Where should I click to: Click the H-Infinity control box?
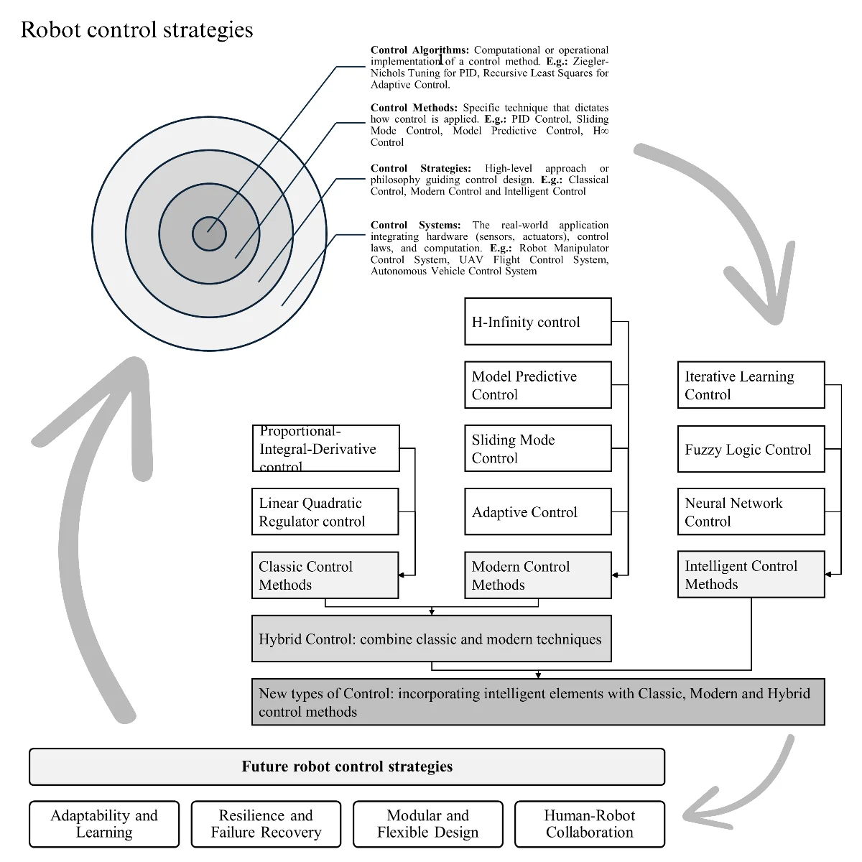coord(537,322)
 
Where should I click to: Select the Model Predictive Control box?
coord(537,385)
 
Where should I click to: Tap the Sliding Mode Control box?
coord(537,448)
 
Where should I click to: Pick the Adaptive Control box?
coord(537,511)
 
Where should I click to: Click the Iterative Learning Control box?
coord(751,385)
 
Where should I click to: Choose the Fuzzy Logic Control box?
coord(751,449)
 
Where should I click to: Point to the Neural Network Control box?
coord(751,511)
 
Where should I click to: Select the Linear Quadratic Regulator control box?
coord(325,511)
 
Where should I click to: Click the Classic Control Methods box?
coord(325,575)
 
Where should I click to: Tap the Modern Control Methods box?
coord(537,575)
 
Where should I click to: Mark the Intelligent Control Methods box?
coord(751,575)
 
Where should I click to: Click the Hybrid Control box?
coord(431,639)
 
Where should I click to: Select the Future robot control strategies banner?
coord(347,766)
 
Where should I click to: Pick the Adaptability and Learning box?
coord(104,824)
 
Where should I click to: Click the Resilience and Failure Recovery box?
coord(266,824)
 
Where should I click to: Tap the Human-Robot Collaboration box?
coord(590,824)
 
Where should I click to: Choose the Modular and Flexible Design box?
coord(427,824)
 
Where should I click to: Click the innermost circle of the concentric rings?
coord(209,234)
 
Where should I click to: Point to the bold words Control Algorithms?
coord(420,50)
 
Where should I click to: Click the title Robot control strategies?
coord(136,29)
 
